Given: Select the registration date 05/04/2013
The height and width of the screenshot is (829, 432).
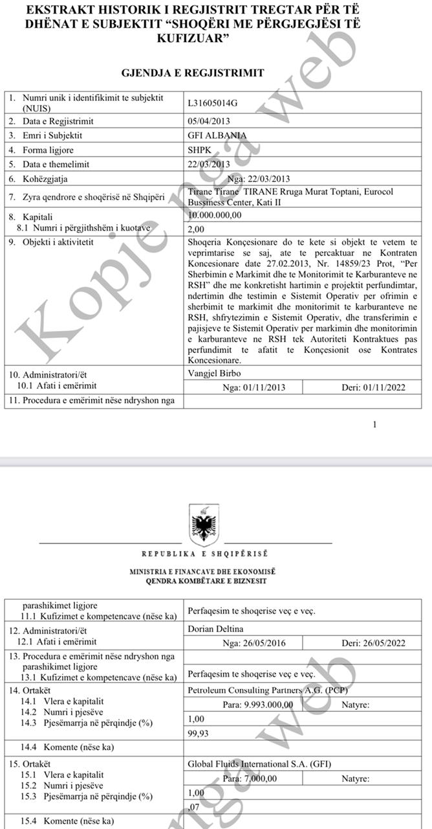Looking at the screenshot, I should pyautogui.click(x=208, y=121).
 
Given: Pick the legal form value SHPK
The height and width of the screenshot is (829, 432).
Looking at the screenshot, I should pyautogui.click(x=199, y=150).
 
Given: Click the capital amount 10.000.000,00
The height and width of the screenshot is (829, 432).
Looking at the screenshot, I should pyautogui.click(x=214, y=215).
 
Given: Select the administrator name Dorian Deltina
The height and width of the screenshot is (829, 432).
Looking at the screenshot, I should pyautogui.click(x=214, y=628).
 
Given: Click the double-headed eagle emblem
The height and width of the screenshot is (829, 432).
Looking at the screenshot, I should pyautogui.click(x=204, y=524).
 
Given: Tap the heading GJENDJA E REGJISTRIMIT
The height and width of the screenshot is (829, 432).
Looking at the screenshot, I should pyautogui.click(x=193, y=73).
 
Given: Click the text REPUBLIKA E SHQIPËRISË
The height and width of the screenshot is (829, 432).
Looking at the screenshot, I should pyautogui.click(x=204, y=554).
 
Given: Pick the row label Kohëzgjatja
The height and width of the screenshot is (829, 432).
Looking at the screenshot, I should pyautogui.click(x=45, y=179).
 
